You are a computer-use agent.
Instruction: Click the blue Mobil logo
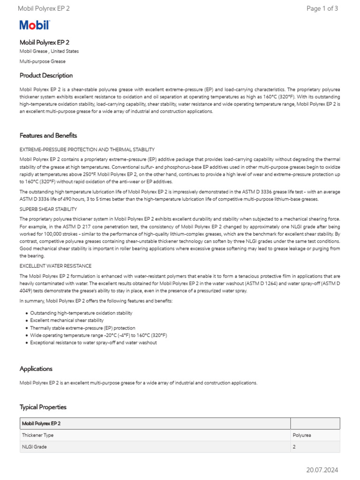click(x=34, y=25)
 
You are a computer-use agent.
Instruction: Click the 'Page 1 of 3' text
click(x=322, y=8)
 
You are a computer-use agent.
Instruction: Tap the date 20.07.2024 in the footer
click(x=322, y=470)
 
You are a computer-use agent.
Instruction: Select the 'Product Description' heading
click(x=46, y=75)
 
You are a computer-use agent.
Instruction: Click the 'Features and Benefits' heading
click(x=48, y=135)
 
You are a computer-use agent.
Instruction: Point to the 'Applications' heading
click(x=36, y=369)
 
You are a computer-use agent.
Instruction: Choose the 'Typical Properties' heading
click(x=43, y=407)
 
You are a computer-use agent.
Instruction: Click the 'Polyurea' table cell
click(x=302, y=435)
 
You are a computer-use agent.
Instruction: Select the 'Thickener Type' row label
click(x=37, y=435)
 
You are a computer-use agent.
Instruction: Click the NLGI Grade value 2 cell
click(x=295, y=447)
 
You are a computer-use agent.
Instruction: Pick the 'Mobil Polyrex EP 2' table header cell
click(x=41, y=423)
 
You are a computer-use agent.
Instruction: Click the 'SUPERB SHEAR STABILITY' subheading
click(x=48, y=209)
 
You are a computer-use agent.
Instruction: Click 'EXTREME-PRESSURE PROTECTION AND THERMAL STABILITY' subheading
click(x=87, y=150)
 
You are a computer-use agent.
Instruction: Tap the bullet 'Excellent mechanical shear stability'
click(x=67, y=320)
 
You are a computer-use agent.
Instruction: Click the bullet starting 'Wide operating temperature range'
click(x=98, y=335)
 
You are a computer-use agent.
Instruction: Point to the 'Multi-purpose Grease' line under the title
click(x=43, y=61)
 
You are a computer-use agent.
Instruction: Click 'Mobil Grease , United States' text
click(x=49, y=51)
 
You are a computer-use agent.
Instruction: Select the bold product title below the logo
click(x=45, y=42)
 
